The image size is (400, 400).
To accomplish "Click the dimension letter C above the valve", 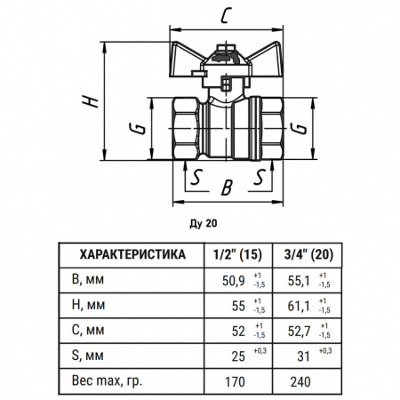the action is coord(226,16).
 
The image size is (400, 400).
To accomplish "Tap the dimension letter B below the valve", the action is coord(227,188).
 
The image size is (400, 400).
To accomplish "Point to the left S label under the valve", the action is coord(196,177).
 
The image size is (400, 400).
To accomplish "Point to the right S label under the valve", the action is coord(260,177).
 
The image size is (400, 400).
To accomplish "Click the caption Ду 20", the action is coord(204,223).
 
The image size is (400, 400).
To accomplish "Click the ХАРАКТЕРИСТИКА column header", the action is coord(132,254).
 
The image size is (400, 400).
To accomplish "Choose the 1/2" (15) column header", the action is coord(237,254).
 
